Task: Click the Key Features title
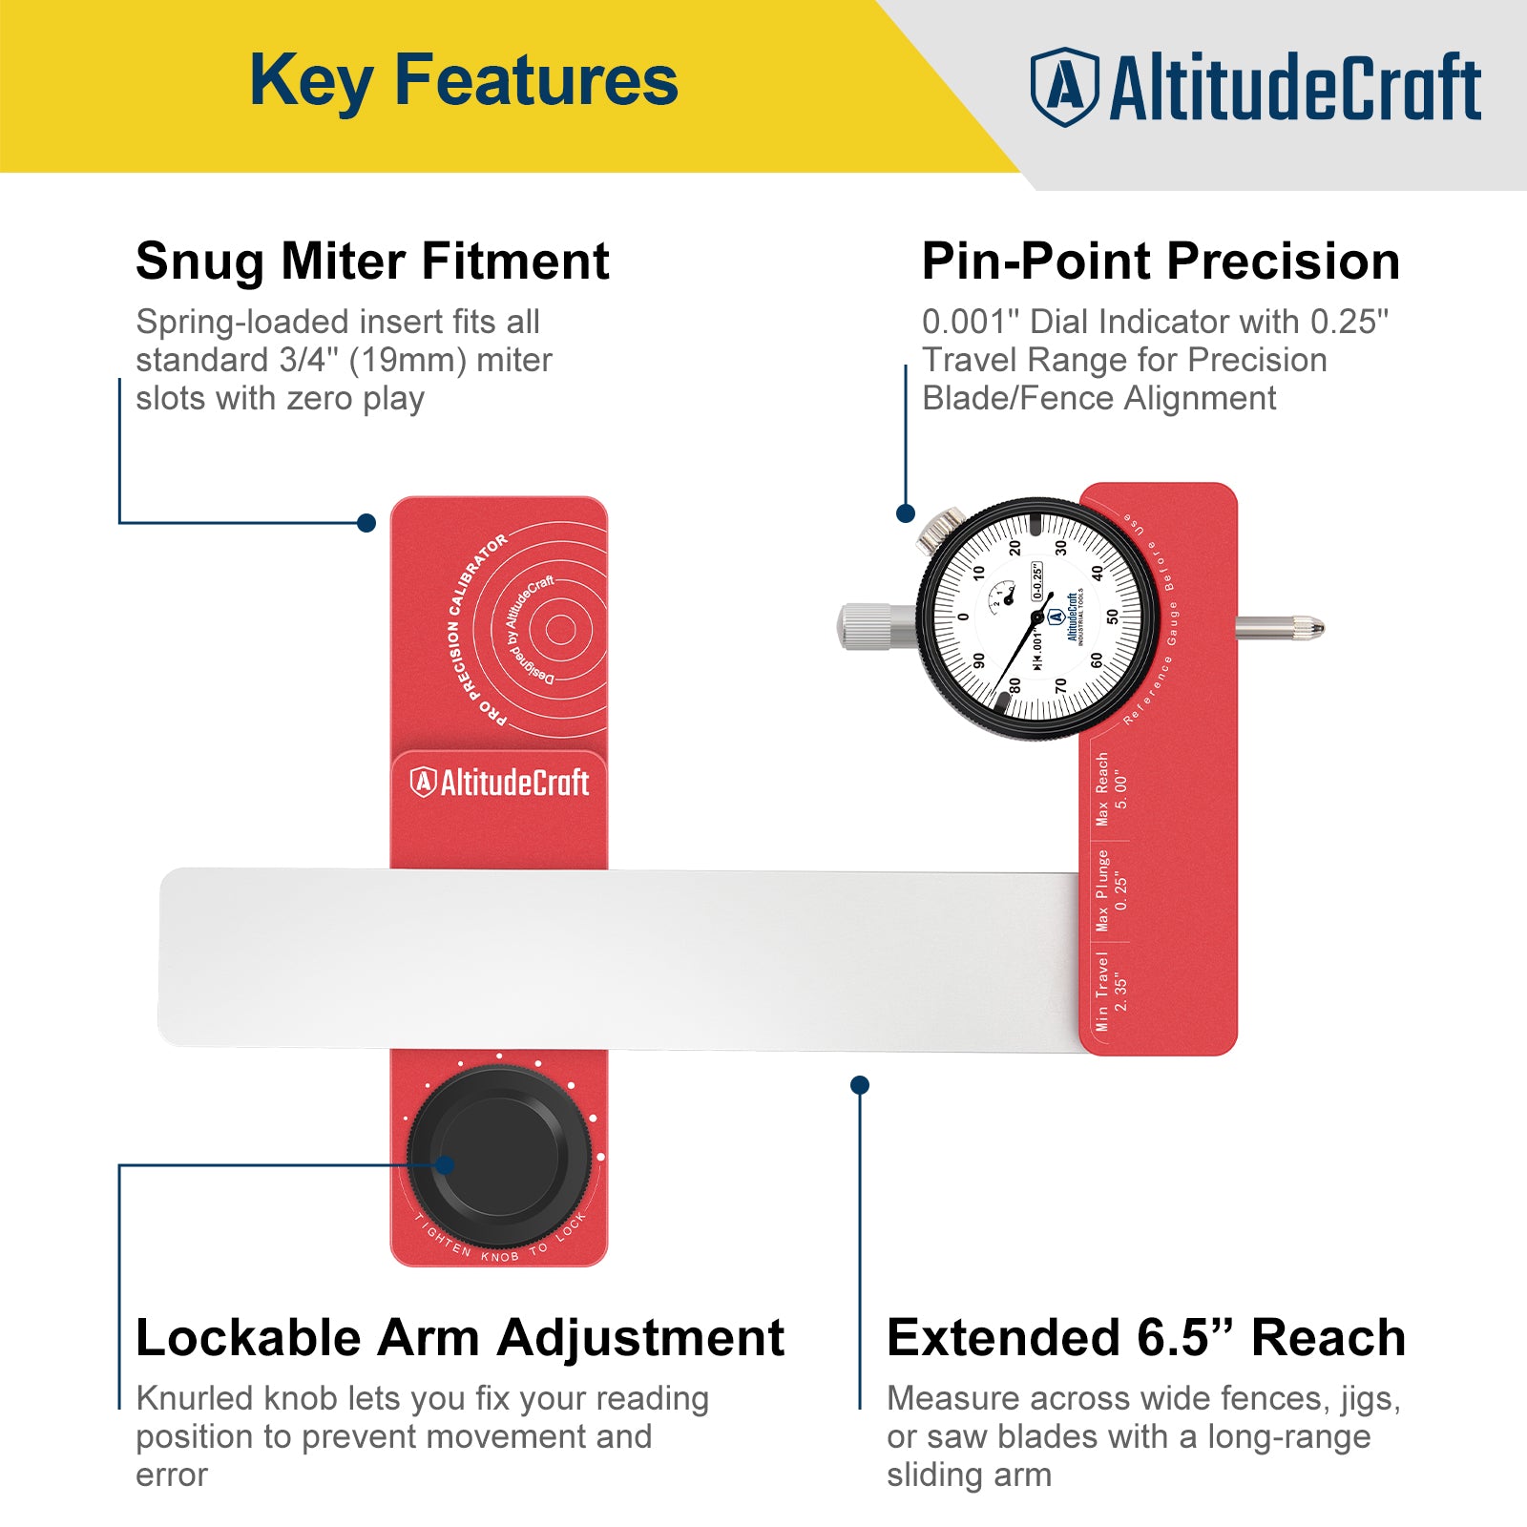(464, 81)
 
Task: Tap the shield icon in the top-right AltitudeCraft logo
(1064, 87)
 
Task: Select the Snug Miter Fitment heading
(372, 261)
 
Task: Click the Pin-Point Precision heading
(1160, 261)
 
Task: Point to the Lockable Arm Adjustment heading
(459, 1338)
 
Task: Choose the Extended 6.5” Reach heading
(1145, 1338)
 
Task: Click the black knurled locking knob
(499, 1156)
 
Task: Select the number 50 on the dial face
(1112, 617)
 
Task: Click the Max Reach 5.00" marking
(1111, 788)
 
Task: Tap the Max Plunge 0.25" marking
(1111, 889)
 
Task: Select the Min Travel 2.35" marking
(1111, 991)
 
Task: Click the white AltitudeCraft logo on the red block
(499, 783)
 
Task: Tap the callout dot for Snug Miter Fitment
(366, 523)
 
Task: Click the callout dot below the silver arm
(859, 1085)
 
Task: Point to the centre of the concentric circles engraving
(560, 629)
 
